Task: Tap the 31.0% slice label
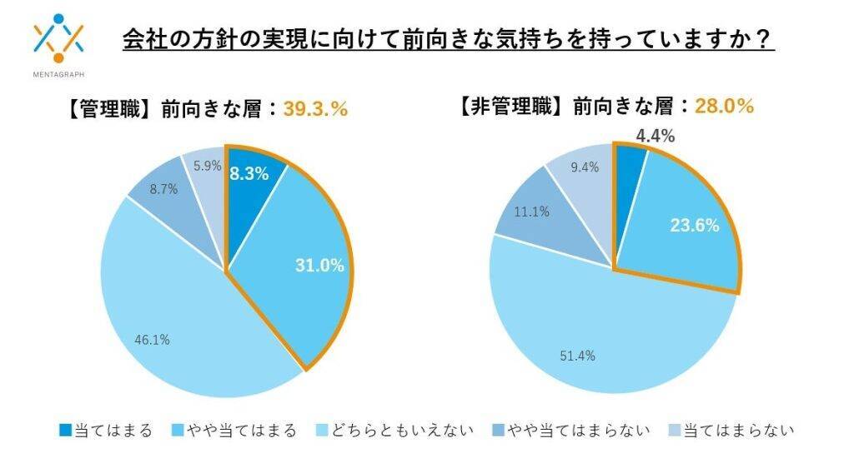point(319,266)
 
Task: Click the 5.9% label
point(207,166)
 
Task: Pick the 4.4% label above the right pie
point(655,136)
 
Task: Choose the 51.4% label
point(578,356)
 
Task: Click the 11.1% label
point(531,212)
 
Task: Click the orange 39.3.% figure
point(315,109)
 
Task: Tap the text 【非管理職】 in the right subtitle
point(510,106)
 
